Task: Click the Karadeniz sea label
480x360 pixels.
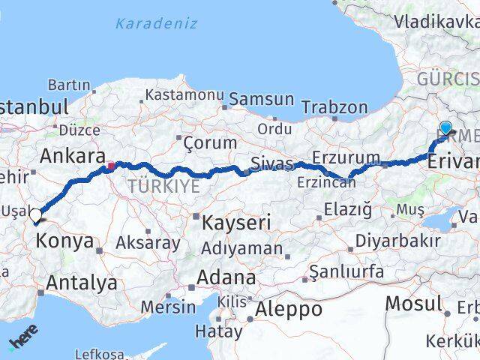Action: pos(156,23)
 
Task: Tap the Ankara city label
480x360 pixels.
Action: pos(72,156)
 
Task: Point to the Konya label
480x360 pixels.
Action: pos(64,241)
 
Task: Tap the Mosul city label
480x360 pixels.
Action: pos(413,304)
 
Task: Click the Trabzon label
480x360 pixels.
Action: pos(334,107)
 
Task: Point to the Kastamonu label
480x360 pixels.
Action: pos(184,95)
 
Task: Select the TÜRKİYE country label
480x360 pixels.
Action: pos(163,187)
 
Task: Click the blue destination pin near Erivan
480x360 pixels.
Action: pos(446,128)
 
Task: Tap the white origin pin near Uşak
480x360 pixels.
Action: pos(36,216)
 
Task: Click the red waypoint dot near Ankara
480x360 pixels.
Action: pos(111,166)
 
